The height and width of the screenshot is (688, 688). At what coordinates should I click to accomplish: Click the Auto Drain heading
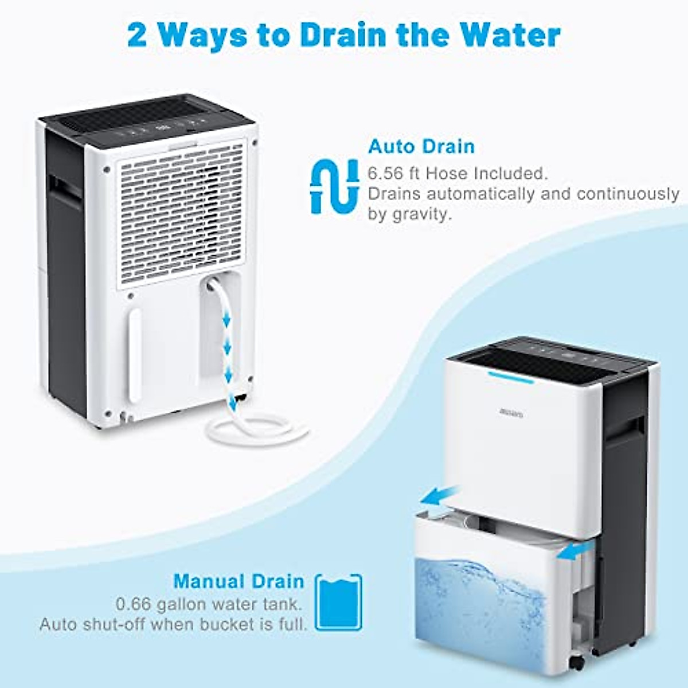[421, 146]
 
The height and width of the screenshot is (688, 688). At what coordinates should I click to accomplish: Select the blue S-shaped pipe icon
[334, 186]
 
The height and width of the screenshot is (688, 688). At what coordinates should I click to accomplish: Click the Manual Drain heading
[239, 581]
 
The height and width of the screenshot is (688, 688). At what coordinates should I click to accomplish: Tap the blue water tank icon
[340, 602]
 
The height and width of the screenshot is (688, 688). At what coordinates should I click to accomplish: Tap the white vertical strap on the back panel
[135, 355]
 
